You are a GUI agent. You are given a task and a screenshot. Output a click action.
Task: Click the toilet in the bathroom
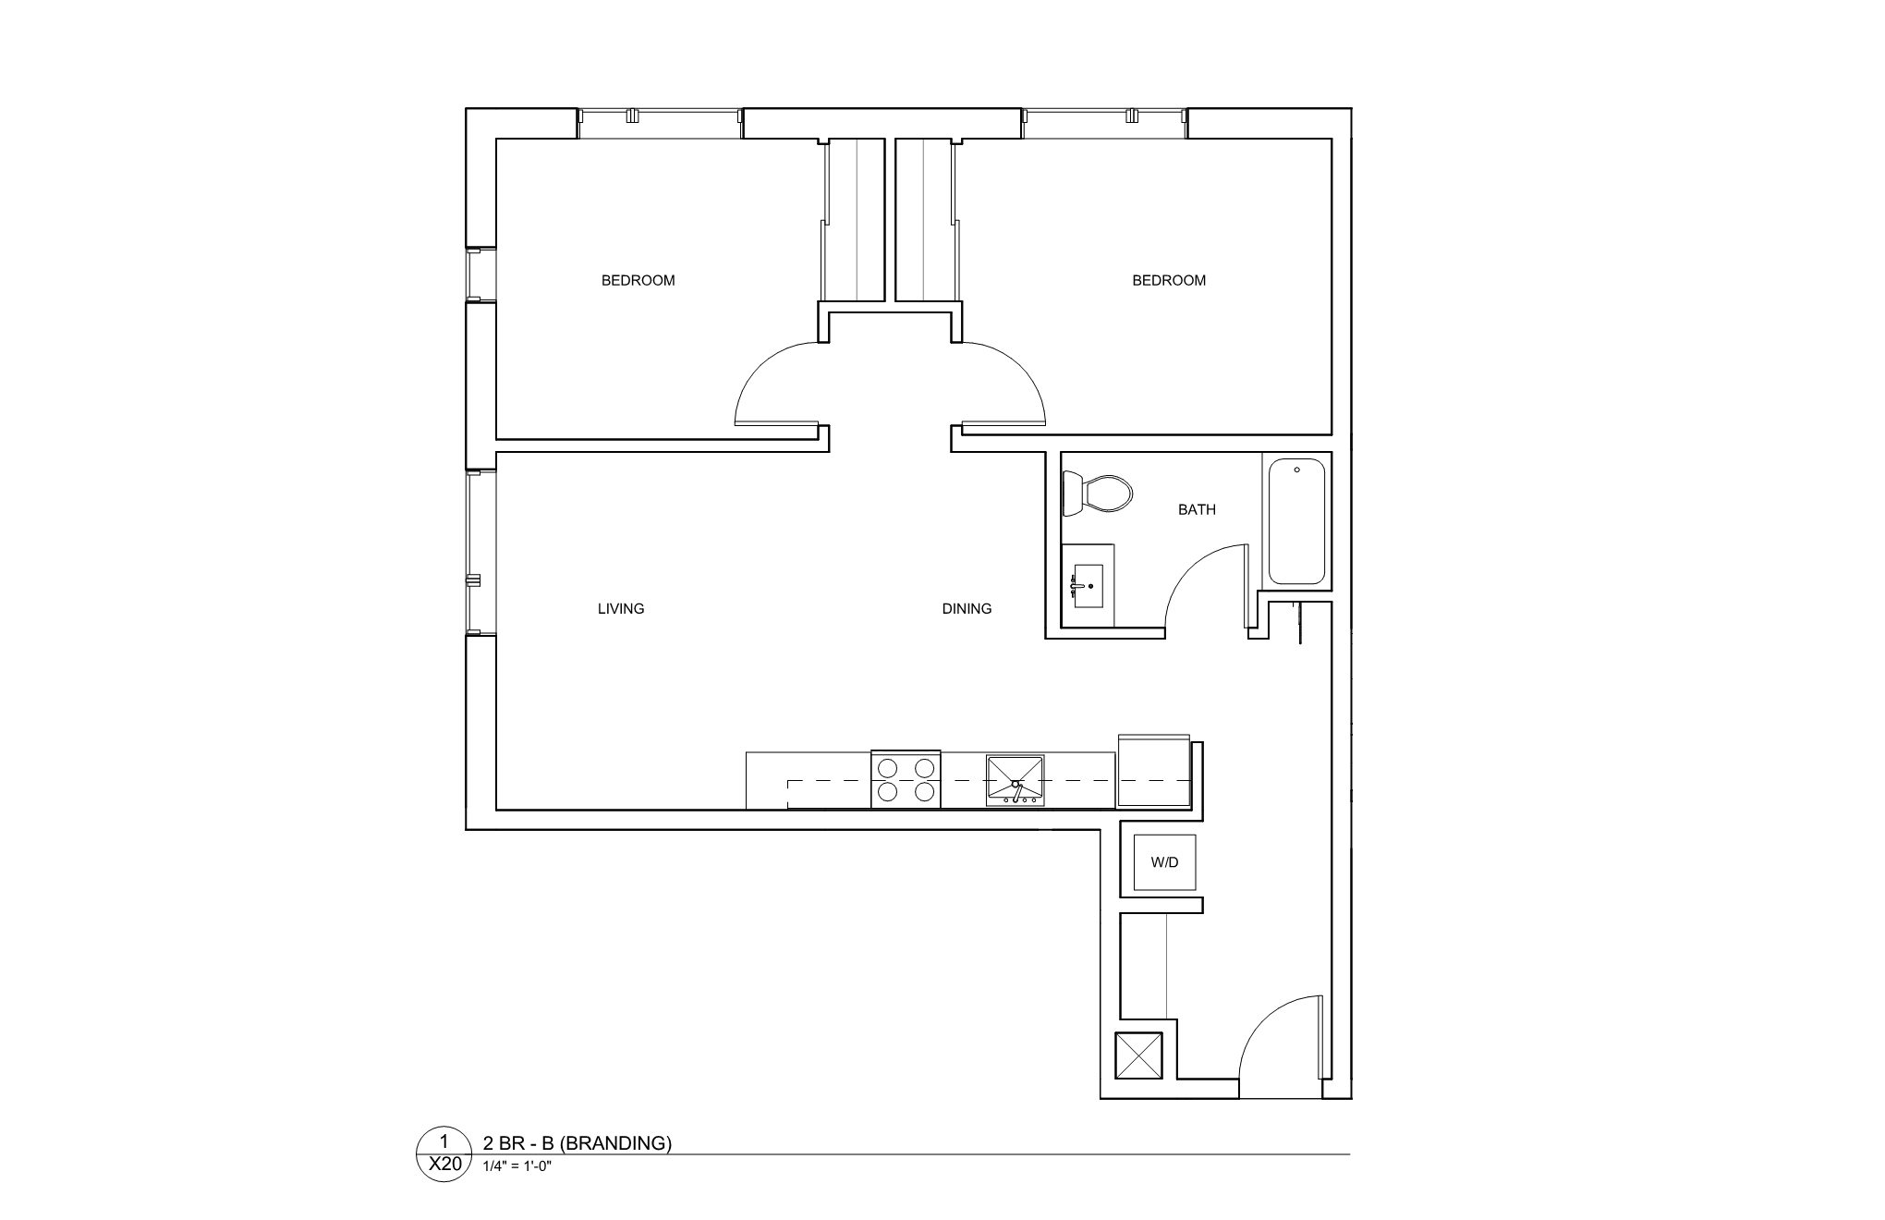[1098, 494]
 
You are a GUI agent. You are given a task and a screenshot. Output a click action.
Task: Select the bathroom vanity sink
[1088, 586]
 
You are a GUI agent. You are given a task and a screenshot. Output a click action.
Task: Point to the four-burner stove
[906, 779]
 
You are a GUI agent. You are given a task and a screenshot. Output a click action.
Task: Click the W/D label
[1164, 862]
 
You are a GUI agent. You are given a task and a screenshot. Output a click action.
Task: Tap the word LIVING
[621, 608]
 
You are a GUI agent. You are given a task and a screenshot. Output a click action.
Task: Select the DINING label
[967, 608]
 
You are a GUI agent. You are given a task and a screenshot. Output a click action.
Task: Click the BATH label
[1197, 509]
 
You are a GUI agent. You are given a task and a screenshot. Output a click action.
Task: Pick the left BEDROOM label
[638, 280]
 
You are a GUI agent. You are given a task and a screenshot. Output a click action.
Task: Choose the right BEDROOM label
[1169, 280]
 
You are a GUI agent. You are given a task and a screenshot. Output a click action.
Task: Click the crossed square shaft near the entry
[1139, 1055]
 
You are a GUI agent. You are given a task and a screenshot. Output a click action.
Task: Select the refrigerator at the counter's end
[1153, 773]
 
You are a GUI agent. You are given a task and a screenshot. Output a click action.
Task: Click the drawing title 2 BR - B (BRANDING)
[578, 1142]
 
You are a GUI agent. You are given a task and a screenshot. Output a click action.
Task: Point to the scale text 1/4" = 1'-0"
[517, 1165]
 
